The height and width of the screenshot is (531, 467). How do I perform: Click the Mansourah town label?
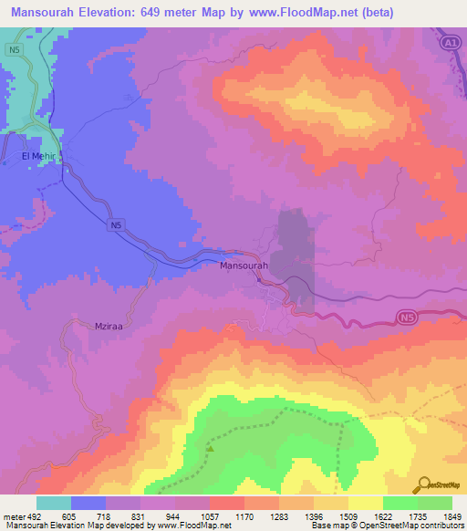click(x=244, y=265)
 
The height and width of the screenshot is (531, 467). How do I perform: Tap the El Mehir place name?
click(x=38, y=156)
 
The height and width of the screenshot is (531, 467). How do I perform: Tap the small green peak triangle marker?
click(x=211, y=448)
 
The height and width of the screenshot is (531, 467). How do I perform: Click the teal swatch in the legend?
click(x=53, y=503)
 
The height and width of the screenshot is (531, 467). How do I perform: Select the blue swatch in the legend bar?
click(x=88, y=503)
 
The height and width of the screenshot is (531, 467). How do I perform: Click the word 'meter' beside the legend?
click(x=9, y=516)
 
